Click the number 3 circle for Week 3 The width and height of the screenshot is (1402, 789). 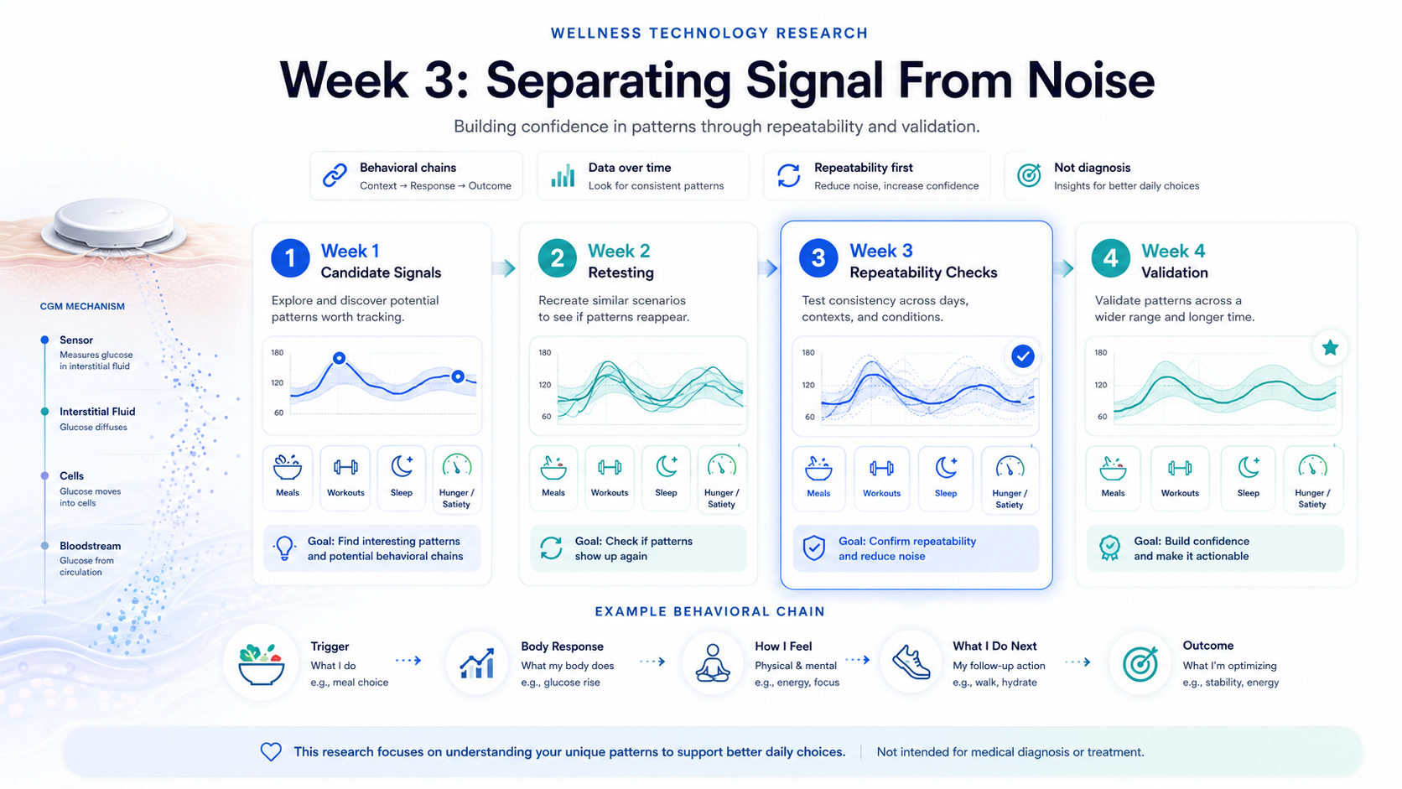point(818,257)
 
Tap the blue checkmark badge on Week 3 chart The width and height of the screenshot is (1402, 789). point(1023,356)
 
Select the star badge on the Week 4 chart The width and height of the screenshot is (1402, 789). point(1330,347)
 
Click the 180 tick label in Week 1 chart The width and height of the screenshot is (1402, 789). point(277,352)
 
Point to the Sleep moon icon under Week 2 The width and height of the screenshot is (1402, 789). point(667,466)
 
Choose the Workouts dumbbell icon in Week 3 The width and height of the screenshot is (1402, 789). point(881,467)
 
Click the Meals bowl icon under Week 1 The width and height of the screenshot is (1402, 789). point(288,467)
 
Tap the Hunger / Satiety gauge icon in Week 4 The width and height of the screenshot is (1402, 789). point(1312,467)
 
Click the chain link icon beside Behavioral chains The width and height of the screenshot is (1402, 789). point(335,175)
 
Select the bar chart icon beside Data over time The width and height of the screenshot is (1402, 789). point(563,176)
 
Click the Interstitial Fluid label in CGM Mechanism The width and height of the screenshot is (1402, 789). point(97,411)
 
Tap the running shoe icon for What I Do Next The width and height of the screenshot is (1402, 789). point(911,662)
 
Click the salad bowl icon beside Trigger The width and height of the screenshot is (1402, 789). point(261,664)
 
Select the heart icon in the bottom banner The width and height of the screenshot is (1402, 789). point(271,751)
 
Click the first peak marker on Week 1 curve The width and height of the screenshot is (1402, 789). point(339,358)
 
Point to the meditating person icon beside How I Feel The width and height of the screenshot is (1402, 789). point(712,662)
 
